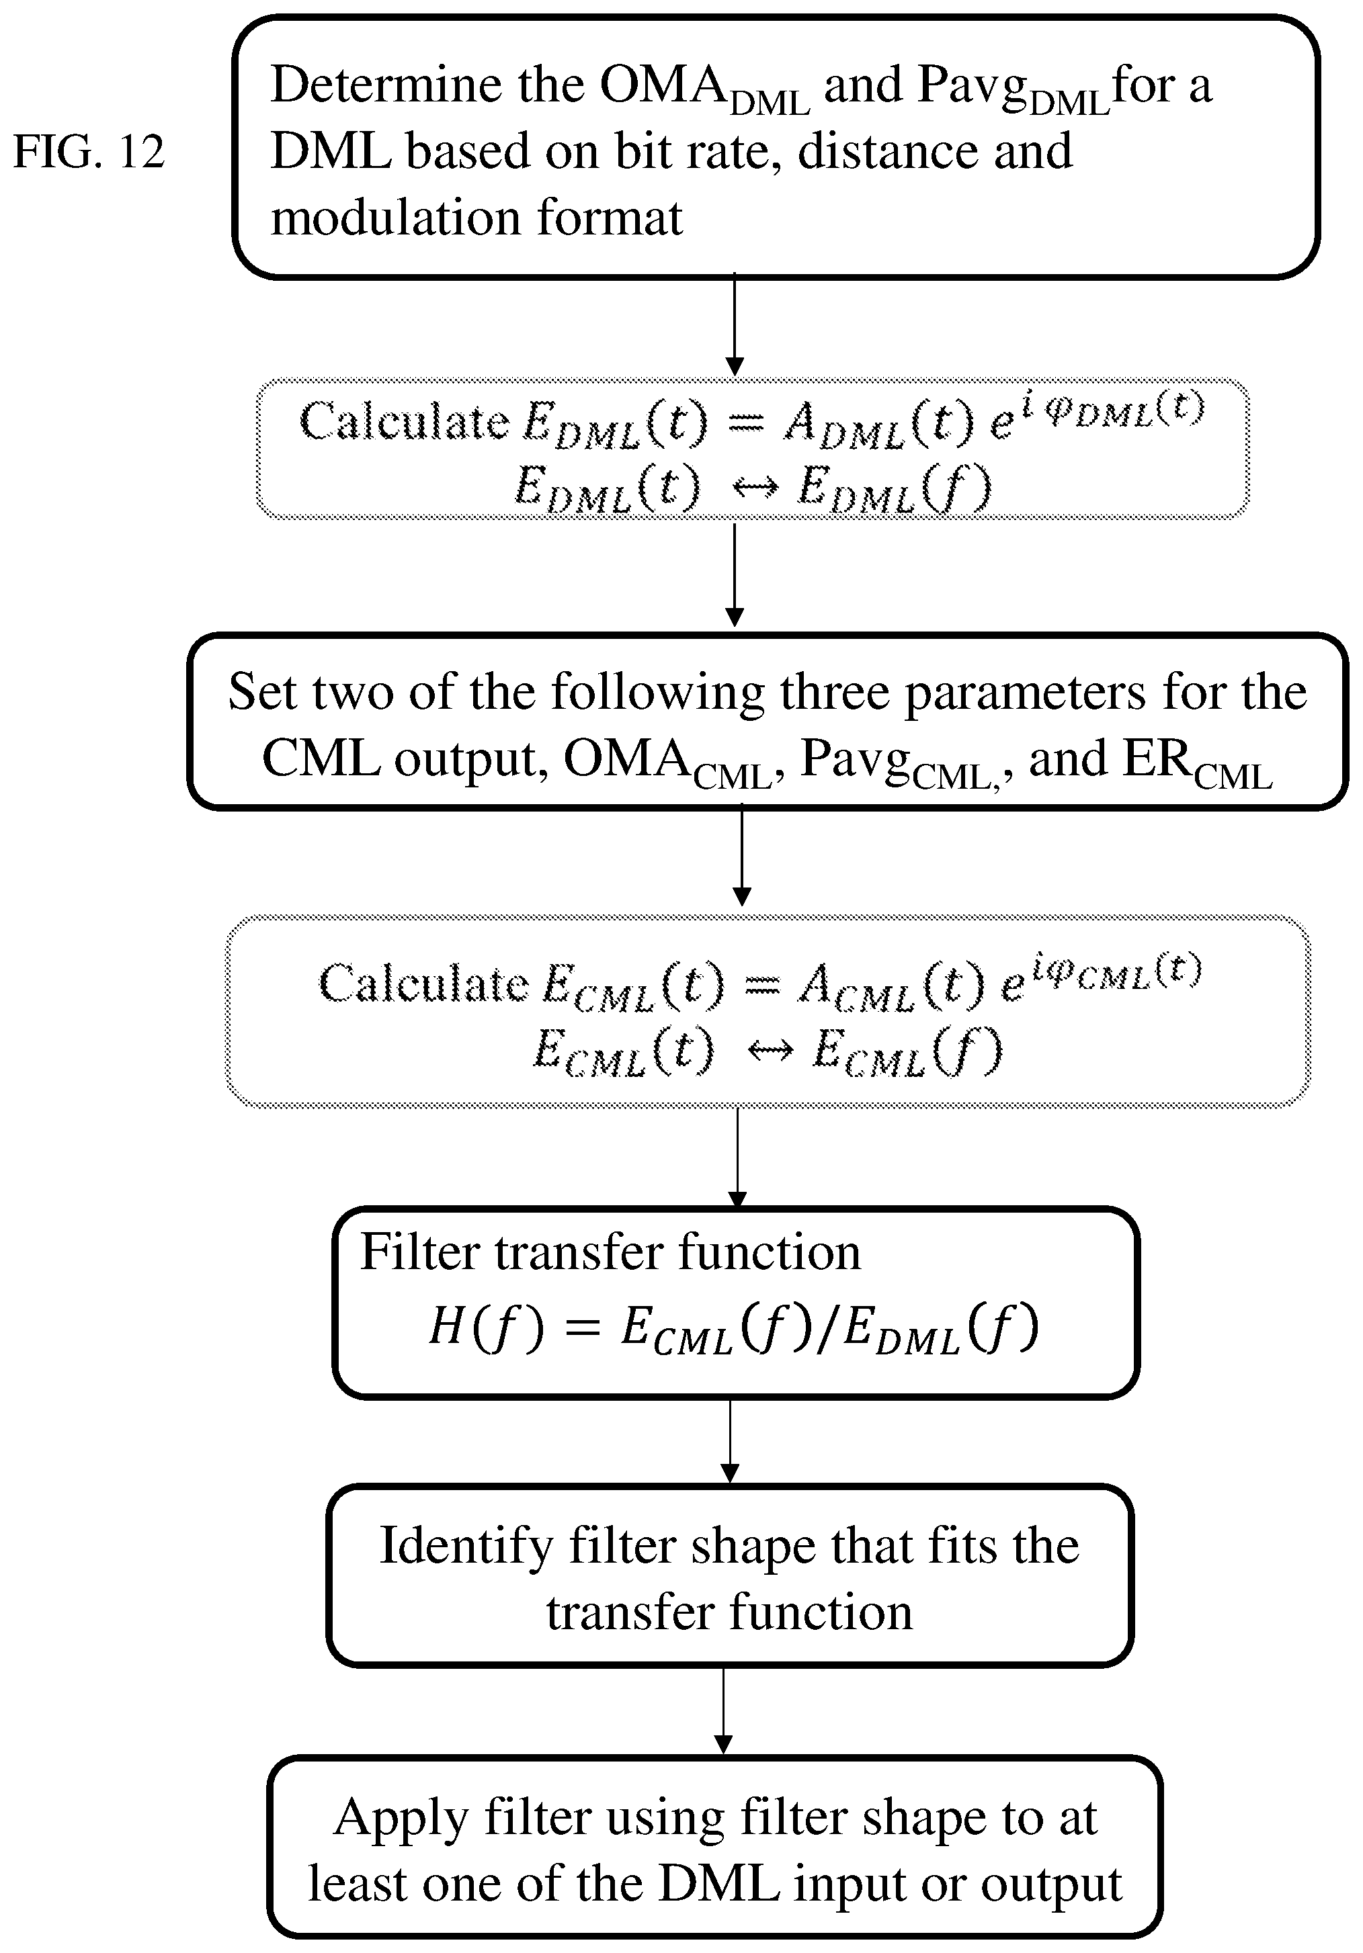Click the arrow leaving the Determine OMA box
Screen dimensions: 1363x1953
734,324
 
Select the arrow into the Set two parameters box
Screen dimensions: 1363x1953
734,574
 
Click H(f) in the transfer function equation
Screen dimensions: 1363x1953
486,1327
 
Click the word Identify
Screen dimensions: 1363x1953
466,1547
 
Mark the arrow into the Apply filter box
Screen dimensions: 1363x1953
723,1710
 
